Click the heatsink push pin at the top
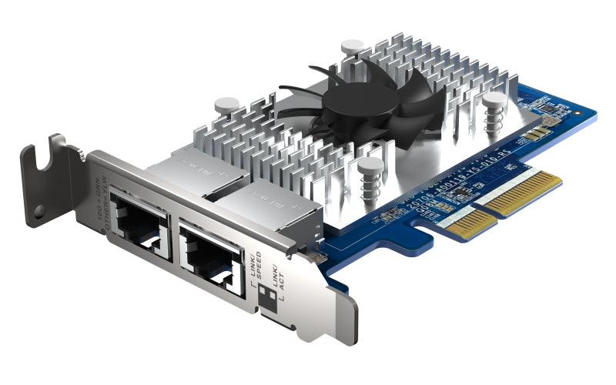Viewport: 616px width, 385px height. [x=352, y=47]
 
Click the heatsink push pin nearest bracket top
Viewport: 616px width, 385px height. [x=226, y=105]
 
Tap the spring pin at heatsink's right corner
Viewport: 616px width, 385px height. [x=494, y=105]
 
